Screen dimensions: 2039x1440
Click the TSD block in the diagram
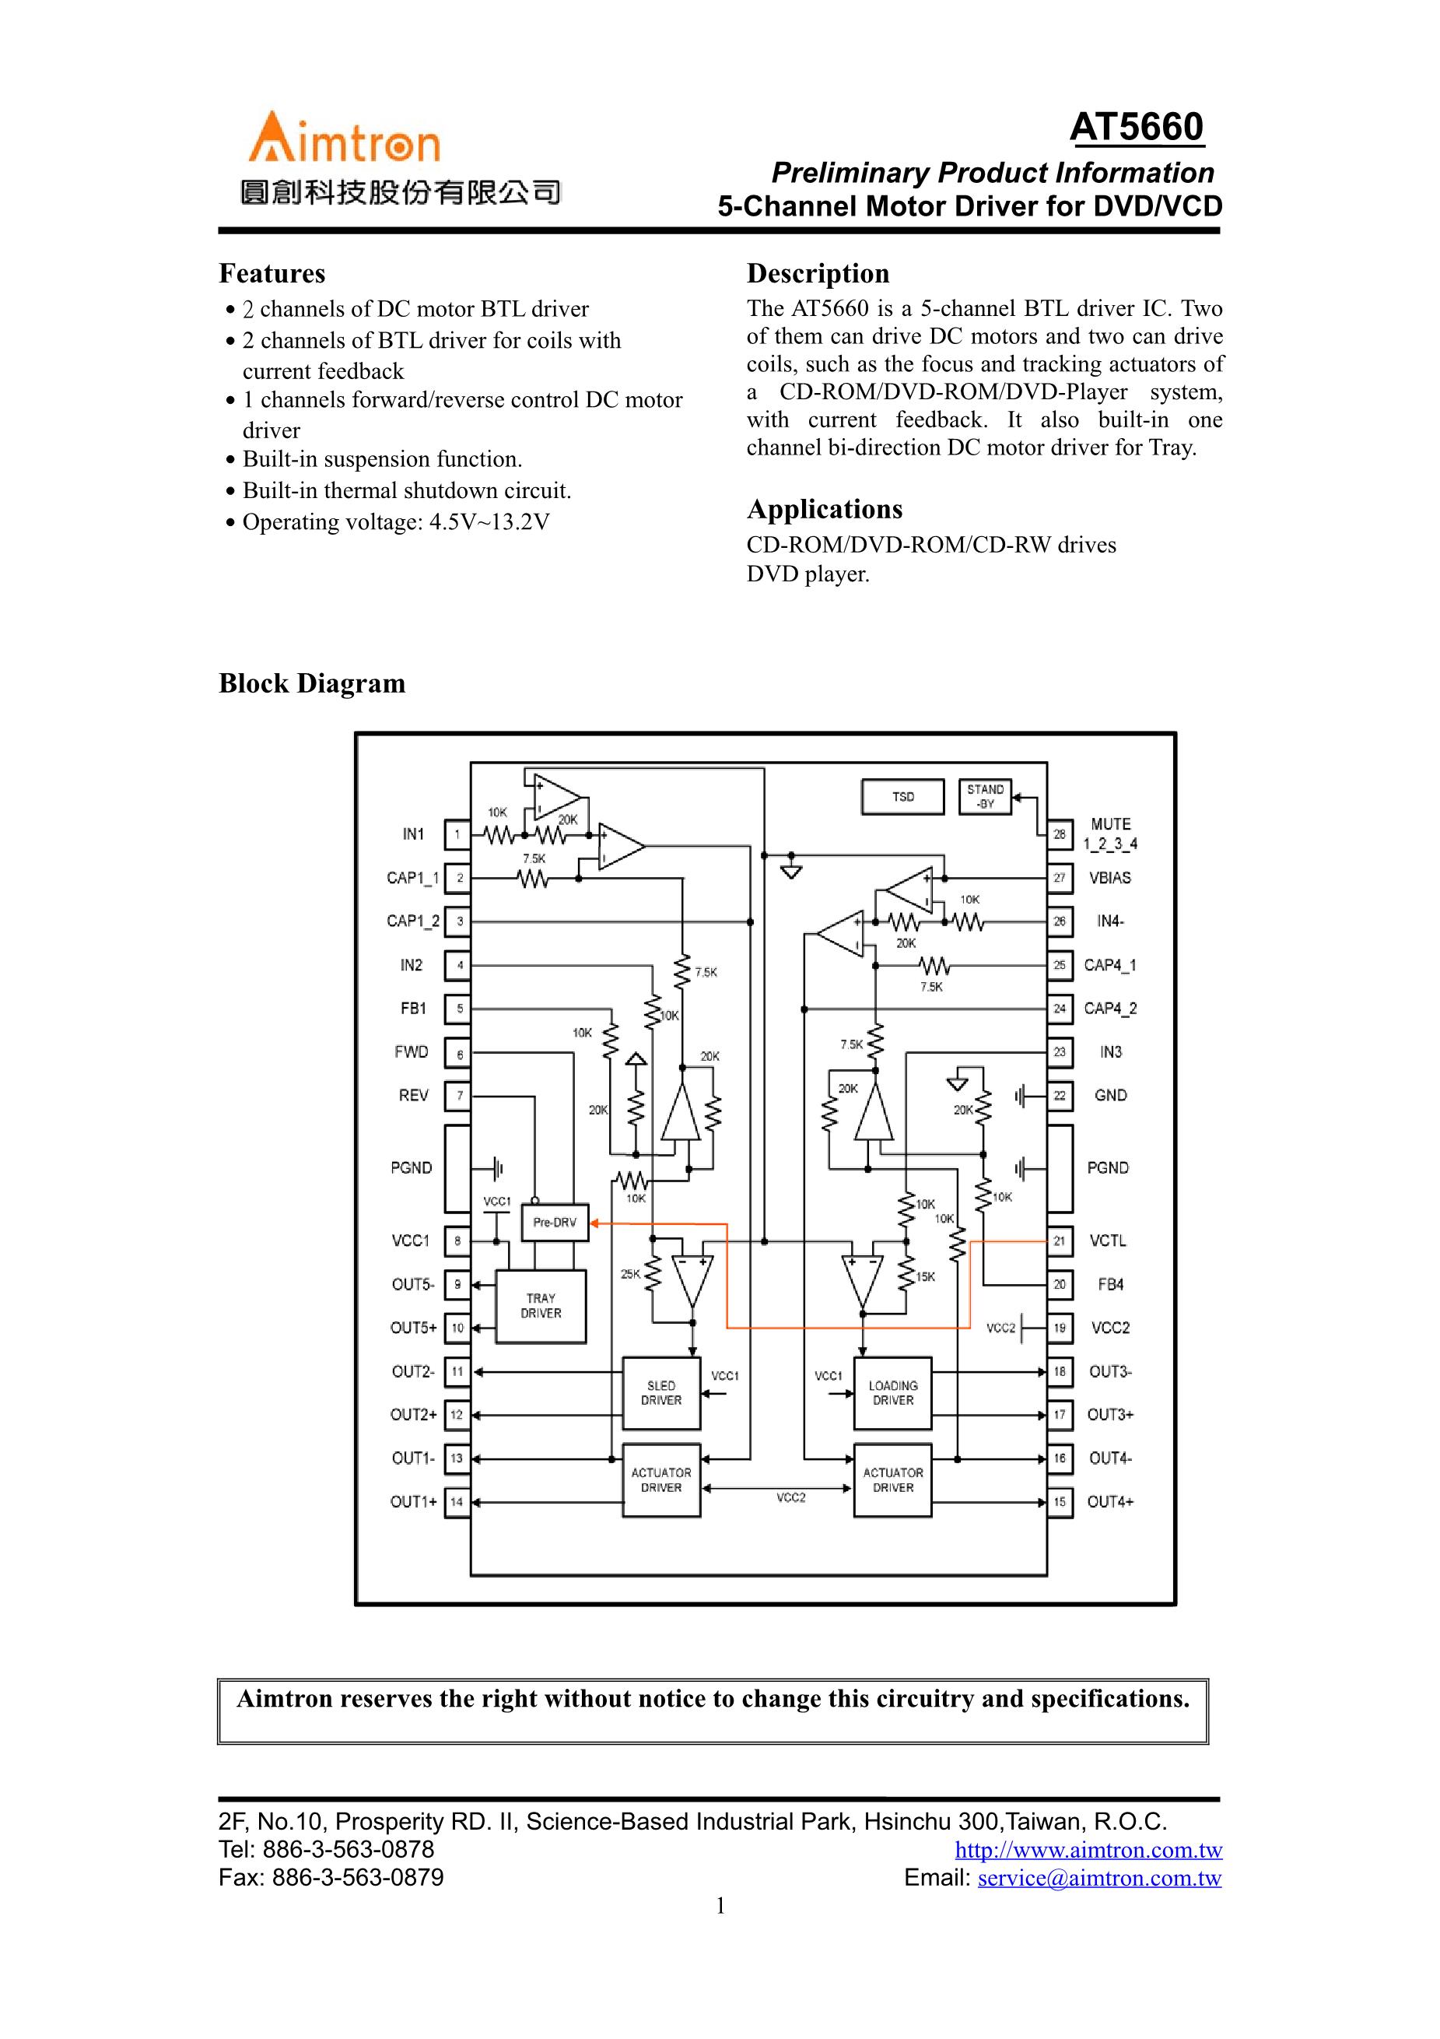click(x=903, y=797)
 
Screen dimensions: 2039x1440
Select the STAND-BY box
click(x=986, y=797)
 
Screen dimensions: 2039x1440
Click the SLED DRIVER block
click(x=661, y=1392)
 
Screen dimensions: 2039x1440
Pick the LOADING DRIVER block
click(x=893, y=1392)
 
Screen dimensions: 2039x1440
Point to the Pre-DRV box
click(x=554, y=1223)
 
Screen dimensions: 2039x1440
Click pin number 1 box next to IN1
click(x=457, y=835)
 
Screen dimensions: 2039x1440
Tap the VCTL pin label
click(x=1108, y=1241)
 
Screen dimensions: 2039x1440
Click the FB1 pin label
click(x=413, y=1009)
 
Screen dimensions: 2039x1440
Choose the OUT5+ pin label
click(x=413, y=1328)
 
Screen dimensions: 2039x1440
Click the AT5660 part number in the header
click(x=1137, y=128)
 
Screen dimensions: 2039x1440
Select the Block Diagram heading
click(x=312, y=684)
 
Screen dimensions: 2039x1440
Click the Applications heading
click(x=824, y=510)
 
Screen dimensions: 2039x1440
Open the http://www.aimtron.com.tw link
click(x=1088, y=1850)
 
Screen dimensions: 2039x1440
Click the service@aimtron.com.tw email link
click(x=1099, y=1878)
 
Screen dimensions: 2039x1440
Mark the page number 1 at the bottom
click(x=720, y=1906)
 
